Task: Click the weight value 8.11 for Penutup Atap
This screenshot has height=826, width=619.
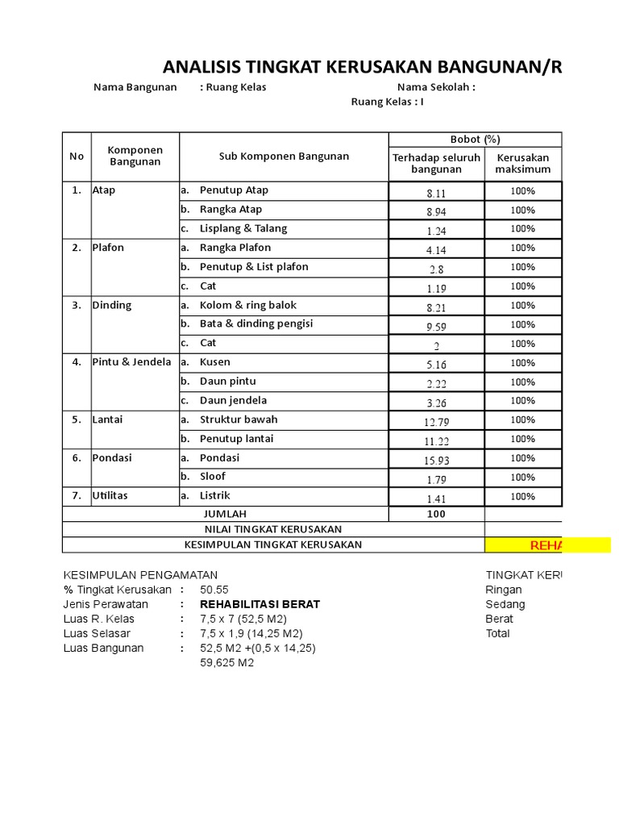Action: [436, 193]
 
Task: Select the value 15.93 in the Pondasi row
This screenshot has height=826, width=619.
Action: [436, 460]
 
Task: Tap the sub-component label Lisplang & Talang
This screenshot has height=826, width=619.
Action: [243, 228]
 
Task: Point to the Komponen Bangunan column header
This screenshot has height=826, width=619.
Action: [135, 156]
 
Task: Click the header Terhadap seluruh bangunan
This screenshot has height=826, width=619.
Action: [436, 163]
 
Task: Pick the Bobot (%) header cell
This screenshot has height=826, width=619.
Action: [476, 140]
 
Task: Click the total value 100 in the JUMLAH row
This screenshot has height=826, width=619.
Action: [436, 514]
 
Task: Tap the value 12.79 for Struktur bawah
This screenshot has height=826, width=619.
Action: [436, 421]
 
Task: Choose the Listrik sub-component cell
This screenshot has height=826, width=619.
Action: [215, 495]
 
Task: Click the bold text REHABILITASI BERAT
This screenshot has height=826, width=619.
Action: [260, 604]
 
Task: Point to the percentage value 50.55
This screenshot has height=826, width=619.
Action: [214, 590]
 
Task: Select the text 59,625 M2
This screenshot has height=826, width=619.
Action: [226, 662]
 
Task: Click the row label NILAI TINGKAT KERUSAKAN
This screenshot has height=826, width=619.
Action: [273, 529]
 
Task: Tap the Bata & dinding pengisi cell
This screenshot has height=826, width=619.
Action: [256, 323]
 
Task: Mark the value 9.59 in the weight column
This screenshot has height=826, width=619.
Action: [436, 326]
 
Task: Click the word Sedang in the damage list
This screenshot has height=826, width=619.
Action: [505, 604]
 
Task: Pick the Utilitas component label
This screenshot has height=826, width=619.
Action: [110, 495]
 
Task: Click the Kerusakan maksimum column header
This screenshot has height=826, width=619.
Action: [523, 163]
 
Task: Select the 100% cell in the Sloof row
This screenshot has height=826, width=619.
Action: [522, 478]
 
